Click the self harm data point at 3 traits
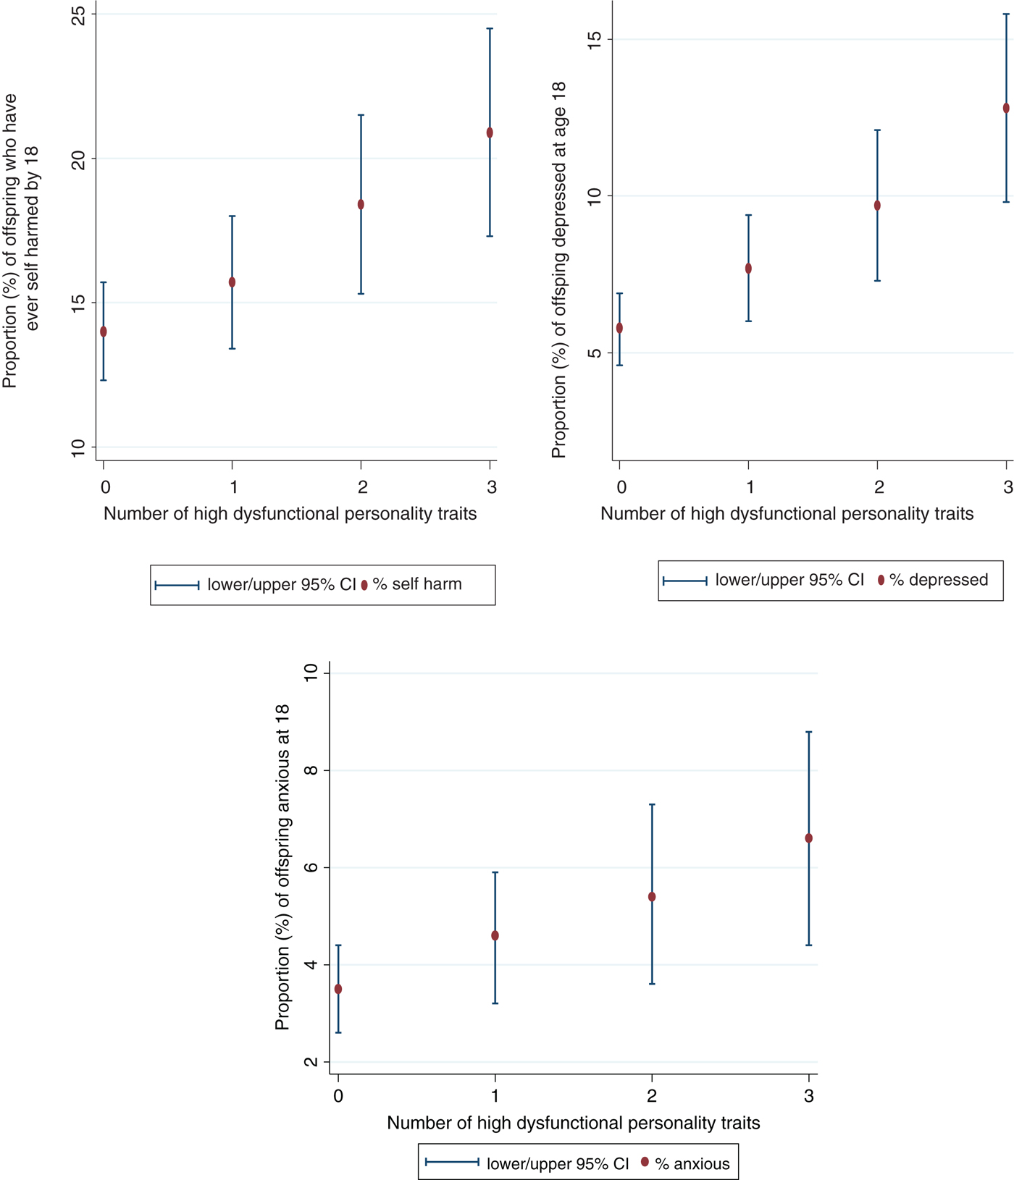tap(490, 132)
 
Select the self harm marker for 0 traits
tap(104, 332)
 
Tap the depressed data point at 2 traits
tap(877, 206)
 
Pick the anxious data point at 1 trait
tap(495, 935)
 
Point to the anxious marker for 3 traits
tap(809, 838)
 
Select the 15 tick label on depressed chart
tap(595, 39)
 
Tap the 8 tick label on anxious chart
tap(311, 770)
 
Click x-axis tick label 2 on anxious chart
tap(652, 1096)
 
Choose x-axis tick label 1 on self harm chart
tap(233, 487)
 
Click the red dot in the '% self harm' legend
tap(364, 585)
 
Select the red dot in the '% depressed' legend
tap(881, 580)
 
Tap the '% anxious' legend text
tap(692, 1163)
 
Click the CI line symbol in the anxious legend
tap(452, 1162)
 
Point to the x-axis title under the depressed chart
tap(787, 514)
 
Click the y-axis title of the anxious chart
tap(282, 867)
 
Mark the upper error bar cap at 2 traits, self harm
tap(361, 115)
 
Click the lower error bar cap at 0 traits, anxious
tap(338, 1032)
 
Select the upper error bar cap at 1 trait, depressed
tap(748, 215)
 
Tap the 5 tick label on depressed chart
tap(595, 353)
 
